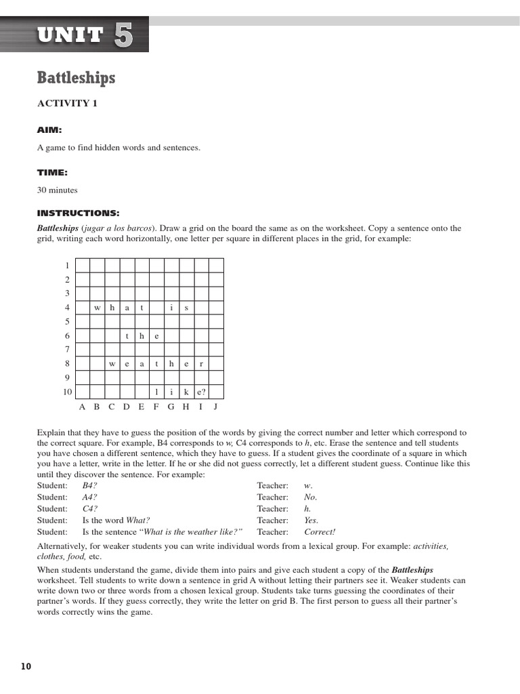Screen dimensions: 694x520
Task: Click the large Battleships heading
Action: (76, 78)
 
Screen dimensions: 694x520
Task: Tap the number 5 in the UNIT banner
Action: (123, 35)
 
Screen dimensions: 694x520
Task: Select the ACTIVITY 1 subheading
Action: (67, 104)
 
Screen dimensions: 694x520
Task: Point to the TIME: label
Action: (52, 173)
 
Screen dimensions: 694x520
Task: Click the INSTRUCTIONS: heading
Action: (78, 213)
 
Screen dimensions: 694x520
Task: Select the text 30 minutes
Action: (58, 191)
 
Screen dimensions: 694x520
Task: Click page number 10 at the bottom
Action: (26, 666)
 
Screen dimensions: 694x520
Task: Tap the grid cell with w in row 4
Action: (97, 308)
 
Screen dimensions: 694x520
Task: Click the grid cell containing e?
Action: (201, 392)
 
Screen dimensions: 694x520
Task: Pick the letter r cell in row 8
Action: (201, 364)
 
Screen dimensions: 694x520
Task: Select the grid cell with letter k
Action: (186, 392)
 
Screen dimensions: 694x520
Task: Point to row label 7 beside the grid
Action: (67, 350)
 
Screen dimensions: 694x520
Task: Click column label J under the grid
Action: (215, 407)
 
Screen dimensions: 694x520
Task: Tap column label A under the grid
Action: (82, 407)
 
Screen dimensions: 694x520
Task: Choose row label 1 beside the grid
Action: (67, 266)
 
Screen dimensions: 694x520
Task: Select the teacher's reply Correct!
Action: (320, 532)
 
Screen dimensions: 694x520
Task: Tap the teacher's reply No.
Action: (310, 497)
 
